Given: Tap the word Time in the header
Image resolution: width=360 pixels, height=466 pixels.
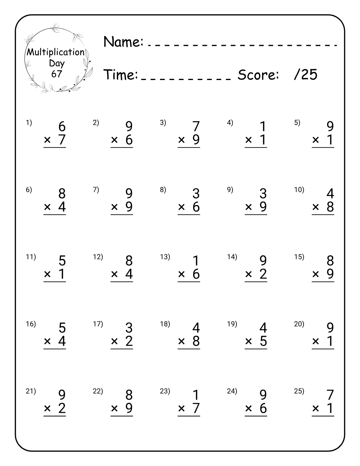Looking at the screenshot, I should [x=121, y=75].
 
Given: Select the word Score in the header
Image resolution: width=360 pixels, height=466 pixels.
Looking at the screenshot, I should [x=258, y=75].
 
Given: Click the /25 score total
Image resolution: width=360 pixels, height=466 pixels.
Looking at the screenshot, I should [x=305, y=75].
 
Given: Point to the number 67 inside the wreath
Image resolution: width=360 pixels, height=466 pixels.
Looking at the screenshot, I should [x=56, y=74].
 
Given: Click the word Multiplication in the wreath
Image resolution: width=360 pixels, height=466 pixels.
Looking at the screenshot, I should [x=56, y=52].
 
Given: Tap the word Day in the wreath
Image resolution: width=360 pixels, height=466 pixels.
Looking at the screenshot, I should [x=57, y=63].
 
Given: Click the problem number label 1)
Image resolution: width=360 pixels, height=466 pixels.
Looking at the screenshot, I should [x=29, y=123].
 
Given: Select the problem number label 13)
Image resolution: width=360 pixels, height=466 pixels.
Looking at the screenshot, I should [x=165, y=257].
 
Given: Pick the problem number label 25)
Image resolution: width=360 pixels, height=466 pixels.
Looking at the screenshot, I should [x=299, y=391].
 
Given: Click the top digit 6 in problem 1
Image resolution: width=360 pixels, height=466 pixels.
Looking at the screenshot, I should [x=62, y=127].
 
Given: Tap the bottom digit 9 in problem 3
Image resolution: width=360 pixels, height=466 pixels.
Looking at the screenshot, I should [x=196, y=140].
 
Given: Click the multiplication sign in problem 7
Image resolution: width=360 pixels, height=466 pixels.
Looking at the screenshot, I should [x=114, y=207].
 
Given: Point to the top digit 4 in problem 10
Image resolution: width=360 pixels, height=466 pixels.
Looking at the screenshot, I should [x=330, y=194].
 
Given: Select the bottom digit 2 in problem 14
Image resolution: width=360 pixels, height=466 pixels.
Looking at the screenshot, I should [x=263, y=274].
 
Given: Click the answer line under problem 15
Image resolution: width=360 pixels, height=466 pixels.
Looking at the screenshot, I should [x=323, y=282].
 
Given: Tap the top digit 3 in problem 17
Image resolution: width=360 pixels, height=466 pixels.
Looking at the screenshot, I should [x=129, y=328].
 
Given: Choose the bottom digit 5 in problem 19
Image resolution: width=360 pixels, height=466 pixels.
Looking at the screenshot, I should [x=263, y=341].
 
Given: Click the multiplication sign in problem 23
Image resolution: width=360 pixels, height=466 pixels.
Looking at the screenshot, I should [x=181, y=408].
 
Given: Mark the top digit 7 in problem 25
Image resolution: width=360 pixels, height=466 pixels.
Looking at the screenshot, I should [x=330, y=395].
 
